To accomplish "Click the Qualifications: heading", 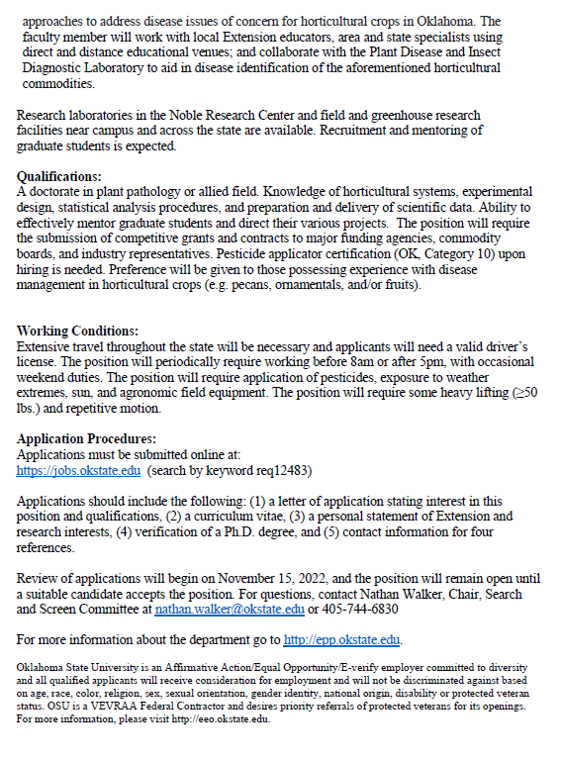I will tap(58, 176).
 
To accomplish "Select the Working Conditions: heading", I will tap(78, 331).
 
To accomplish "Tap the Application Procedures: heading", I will tap(87, 438).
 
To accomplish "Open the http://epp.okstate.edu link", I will tap(342, 639).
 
